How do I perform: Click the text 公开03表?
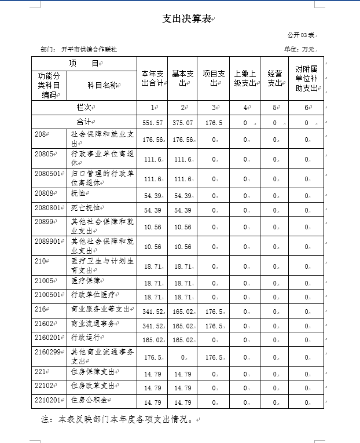[x=301, y=35]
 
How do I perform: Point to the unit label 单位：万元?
[x=299, y=50]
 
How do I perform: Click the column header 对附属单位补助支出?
[x=306, y=78]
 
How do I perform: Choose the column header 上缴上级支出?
[x=245, y=78]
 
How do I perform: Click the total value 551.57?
[x=152, y=123]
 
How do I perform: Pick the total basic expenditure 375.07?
[x=182, y=123]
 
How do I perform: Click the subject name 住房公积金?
[x=90, y=400]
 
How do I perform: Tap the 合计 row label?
[x=85, y=122]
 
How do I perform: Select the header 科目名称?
[x=102, y=85]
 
